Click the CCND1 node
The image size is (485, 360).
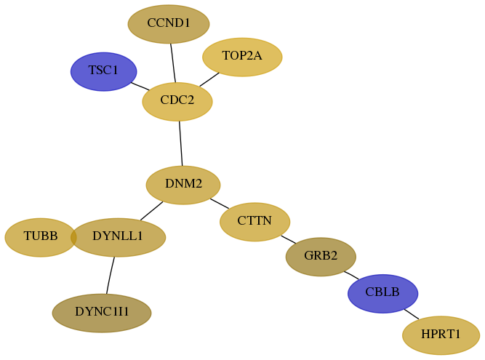169,24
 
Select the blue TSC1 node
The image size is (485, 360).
104,71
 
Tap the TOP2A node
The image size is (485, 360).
242,57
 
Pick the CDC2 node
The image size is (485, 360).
177,101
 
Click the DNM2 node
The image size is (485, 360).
183,185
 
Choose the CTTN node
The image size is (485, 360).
255,222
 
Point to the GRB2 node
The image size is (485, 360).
321,257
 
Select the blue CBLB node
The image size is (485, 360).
383,294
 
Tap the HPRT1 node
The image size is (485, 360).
441,335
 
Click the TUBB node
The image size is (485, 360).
41,237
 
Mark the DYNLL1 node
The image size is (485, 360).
118,237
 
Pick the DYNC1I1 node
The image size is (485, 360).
102,313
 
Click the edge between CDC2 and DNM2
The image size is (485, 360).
180,143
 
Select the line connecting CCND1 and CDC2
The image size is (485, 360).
173,63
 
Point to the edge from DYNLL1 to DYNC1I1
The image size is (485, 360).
110,275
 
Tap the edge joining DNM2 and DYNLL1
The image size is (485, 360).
151,211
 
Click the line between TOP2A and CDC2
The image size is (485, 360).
209,79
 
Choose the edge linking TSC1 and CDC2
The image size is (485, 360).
140,87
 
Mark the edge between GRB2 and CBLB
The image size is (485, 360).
351,275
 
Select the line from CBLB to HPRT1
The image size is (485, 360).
412,314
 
